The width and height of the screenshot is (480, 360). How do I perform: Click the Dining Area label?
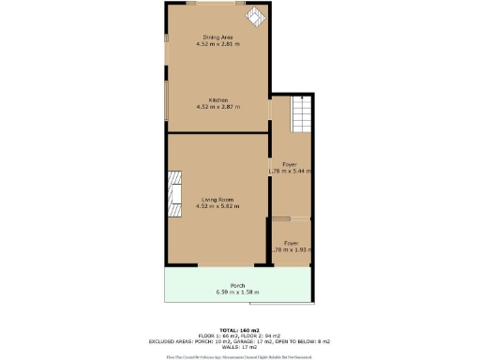click(x=218, y=37)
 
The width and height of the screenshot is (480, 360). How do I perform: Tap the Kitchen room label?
click(x=218, y=99)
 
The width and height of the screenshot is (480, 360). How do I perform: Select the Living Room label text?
click(x=218, y=199)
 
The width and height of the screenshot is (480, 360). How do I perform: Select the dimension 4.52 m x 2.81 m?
click(x=218, y=44)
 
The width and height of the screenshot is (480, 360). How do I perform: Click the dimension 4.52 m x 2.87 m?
click(x=218, y=107)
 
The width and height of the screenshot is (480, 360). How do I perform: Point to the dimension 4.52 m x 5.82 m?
click(x=218, y=206)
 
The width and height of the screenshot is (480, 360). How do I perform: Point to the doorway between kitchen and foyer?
click(x=270, y=109)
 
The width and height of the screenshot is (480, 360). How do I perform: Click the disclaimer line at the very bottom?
click(x=239, y=355)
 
